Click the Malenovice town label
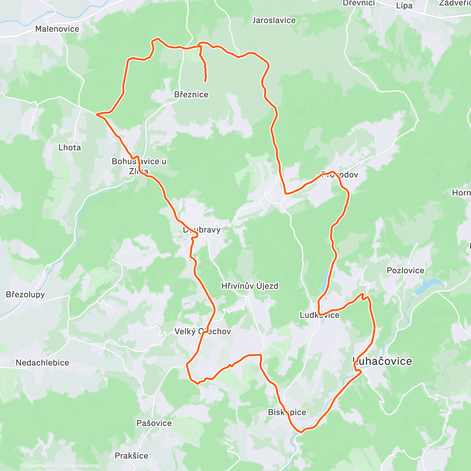coord(57,29)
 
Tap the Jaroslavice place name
coord(274,20)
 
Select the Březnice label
coord(191,95)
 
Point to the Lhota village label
coord(69,148)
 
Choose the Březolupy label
coord(26,294)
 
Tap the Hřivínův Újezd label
coord(250,286)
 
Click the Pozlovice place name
coord(405,270)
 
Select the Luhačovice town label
coord(383,361)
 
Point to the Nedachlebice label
coord(42,363)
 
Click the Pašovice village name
coord(154,423)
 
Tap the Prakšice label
coord(131,456)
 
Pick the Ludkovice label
coord(319,315)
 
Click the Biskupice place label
coord(287,412)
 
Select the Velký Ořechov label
coord(203,331)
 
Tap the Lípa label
coord(404,5)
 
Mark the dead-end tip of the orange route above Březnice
coord(205,81)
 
